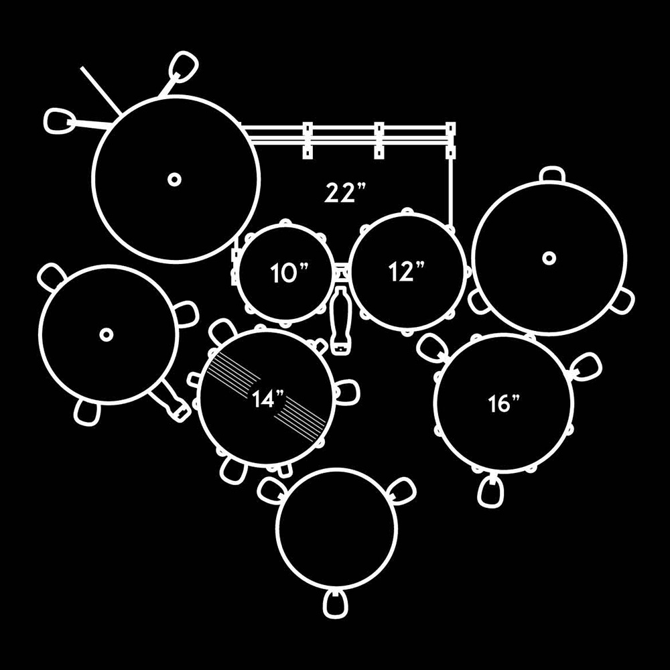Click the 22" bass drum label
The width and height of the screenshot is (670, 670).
[346, 192]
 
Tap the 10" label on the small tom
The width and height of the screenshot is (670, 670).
[289, 273]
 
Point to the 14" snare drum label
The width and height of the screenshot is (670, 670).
[269, 400]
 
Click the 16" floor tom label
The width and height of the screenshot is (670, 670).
[505, 404]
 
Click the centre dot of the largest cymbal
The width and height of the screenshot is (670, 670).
[174, 179]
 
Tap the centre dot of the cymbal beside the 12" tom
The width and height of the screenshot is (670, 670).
[549, 258]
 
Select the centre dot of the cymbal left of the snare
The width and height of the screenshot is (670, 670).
[105, 334]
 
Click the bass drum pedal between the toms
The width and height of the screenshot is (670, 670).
[341, 320]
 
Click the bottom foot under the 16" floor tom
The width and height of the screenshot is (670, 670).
[491, 491]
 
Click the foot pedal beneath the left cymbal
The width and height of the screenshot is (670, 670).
[172, 405]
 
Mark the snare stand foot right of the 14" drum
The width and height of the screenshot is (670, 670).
[347, 393]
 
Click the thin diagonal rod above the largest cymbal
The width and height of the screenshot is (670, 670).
[100, 90]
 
